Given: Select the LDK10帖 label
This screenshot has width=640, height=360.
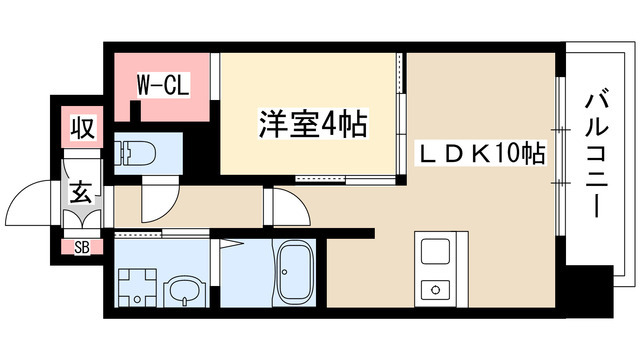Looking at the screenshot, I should coord(479,156).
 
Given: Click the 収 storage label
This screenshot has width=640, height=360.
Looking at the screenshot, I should coord(81,127).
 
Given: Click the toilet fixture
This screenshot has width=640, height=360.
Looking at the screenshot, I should coord(134,153).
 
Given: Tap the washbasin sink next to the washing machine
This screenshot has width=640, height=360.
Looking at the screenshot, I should coord(185,290).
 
